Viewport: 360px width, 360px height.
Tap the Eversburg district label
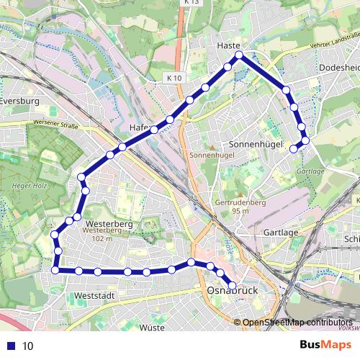19,102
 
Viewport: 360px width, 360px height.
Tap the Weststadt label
94,296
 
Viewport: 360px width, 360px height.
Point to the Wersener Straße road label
55,124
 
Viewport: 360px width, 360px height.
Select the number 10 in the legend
28,346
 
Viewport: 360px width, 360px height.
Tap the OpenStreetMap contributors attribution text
297,322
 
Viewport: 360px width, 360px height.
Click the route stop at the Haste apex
240,55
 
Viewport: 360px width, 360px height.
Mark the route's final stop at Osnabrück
231,286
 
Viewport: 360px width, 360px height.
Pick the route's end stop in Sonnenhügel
293,149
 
